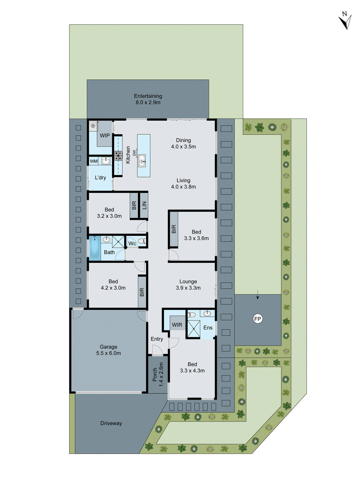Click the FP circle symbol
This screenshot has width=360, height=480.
coord(258,319)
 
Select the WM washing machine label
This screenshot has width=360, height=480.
coord(94,161)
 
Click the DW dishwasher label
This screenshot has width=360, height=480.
coord(134,153)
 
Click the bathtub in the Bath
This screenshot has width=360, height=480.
coord(95,248)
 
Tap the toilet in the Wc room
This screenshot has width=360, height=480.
coord(142,241)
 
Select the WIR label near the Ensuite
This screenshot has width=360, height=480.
coord(177,325)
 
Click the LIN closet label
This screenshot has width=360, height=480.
coord(144,205)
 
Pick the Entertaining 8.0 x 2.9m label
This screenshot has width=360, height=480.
coord(148,99)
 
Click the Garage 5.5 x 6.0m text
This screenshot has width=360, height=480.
coord(109,350)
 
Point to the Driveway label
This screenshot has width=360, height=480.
coord(111,423)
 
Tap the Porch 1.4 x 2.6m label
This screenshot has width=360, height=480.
coord(157,374)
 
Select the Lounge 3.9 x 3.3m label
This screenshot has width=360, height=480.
coord(188,285)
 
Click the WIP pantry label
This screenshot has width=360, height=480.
coord(105,136)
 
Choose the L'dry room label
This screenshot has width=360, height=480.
coord(100,178)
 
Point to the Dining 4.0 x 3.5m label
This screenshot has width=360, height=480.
coord(183,143)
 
